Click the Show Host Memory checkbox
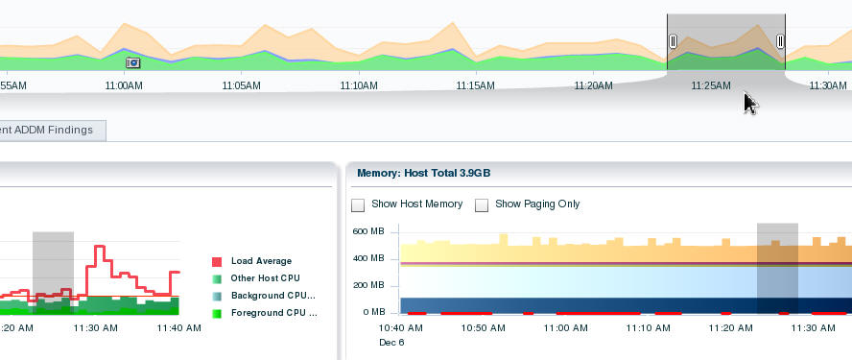358,204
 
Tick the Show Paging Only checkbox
482,204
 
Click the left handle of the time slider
673,41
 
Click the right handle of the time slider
780,41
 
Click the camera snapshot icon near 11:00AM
133,62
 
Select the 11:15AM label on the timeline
475,85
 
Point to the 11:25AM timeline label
711,85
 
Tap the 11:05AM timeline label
241,85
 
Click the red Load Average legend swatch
217,261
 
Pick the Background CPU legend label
273,296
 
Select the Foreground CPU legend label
273,313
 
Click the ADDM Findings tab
48,130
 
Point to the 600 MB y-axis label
367,231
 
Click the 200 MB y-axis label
367,285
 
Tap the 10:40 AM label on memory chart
401,328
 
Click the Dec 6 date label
392,342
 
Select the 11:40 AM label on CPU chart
179,328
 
